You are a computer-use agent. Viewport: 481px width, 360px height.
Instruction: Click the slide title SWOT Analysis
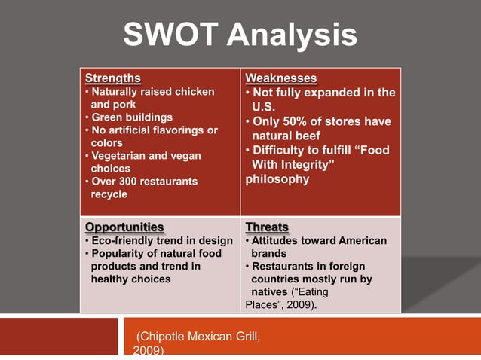point(240,35)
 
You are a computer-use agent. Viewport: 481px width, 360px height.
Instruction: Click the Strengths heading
point(112,78)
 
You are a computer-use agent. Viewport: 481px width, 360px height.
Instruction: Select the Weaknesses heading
point(280,78)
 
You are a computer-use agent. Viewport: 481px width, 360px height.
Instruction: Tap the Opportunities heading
point(124,227)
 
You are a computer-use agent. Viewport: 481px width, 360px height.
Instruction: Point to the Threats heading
point(267,227)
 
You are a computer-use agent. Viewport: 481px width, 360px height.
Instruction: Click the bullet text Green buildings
point(132,117)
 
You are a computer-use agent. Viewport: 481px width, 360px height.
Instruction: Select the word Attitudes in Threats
point(276,240)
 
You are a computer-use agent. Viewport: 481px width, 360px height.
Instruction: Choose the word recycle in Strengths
point(109,194)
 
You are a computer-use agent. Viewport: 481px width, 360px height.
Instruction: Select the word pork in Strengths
point(127,105)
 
